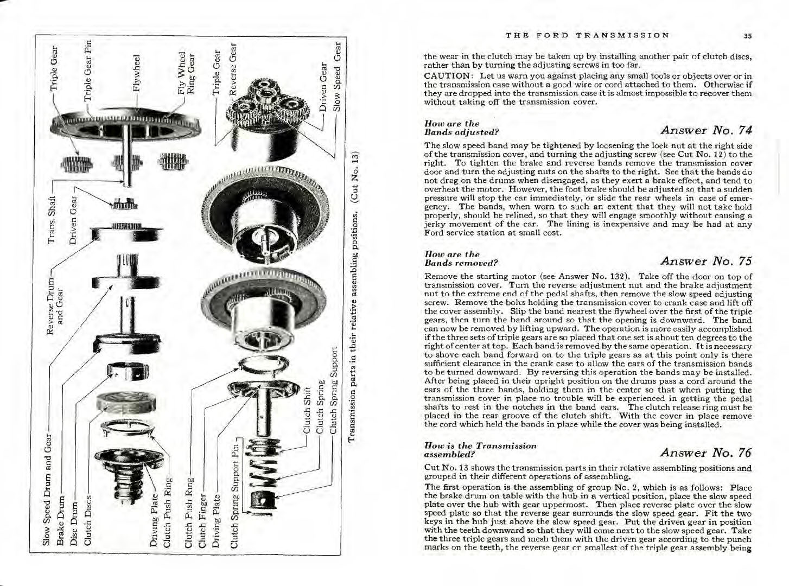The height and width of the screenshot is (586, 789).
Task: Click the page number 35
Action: tap(747, 36)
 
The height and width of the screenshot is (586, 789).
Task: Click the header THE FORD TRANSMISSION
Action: tap(587, 35)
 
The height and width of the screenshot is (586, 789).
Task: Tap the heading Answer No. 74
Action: tap(707, 130)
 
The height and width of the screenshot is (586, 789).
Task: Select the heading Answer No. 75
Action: tap(707, 261)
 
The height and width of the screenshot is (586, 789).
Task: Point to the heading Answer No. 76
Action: tap(707, 453)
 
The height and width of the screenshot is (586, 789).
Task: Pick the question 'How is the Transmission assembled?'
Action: tap(480, 450)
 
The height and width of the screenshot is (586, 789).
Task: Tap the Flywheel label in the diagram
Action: tap(138, 72)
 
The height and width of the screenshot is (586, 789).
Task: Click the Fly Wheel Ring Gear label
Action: tap(187, 73)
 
